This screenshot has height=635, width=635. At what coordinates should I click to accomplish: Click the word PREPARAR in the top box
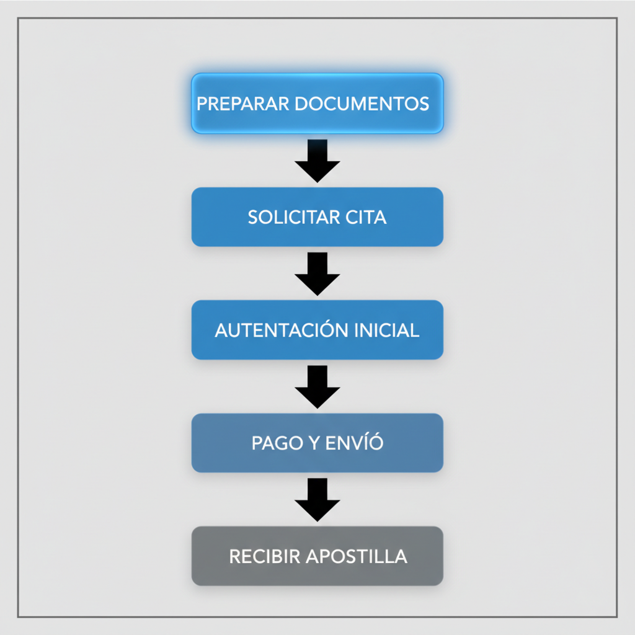point(243,104)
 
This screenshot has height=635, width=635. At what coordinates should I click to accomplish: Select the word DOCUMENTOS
point(362,104)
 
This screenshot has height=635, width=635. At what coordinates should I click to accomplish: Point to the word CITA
point(366,218)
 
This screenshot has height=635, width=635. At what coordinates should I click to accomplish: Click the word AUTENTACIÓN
point(282,331)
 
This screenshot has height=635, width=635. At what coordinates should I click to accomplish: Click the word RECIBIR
point(265,556)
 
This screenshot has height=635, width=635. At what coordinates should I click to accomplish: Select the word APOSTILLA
point(357,556)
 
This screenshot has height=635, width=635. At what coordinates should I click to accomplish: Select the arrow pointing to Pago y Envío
point(317,387)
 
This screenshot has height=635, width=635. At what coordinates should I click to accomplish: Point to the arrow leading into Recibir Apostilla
point(317,500)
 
